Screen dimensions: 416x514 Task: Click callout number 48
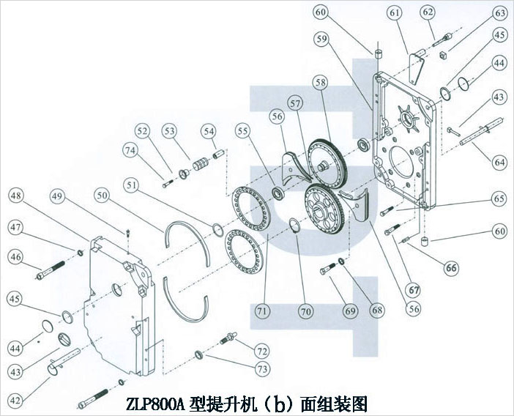coord(16,196)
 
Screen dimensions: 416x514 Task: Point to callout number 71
coord(261,311)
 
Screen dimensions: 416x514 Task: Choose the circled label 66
coord(452,268)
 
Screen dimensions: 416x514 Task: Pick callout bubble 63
coord(500,12)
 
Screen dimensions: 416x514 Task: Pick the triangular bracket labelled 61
coord(417,62)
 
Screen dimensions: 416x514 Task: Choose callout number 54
coord(210,131)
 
